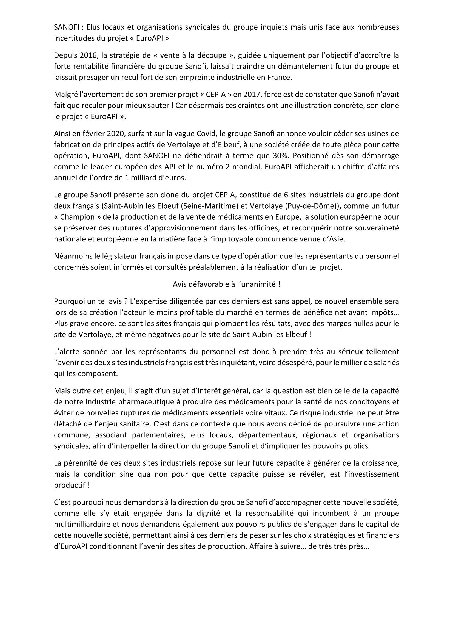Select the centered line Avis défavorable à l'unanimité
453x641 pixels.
tap(226, 284)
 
